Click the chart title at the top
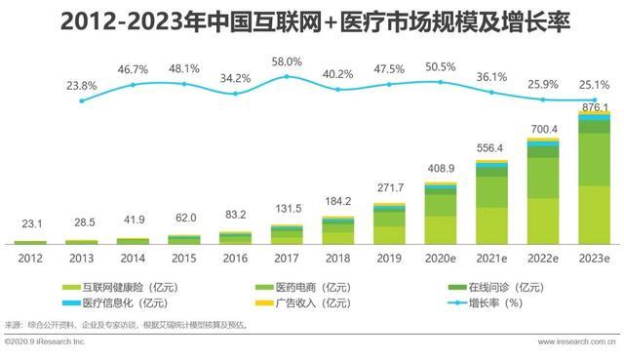coord(312,21)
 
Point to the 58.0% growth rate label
coord(287,61)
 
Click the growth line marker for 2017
coord(287,78)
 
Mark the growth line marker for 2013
coord(82,101)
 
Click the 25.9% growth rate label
coord(543,84)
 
